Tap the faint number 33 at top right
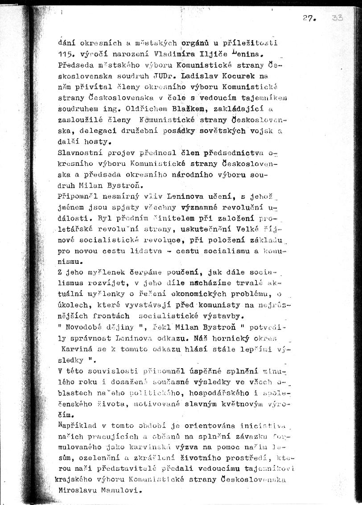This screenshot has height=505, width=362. click(x=337, y=18)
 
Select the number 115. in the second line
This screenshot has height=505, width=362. click(x=66, y=54)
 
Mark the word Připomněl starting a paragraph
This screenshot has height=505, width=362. click(x=77, y=196)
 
